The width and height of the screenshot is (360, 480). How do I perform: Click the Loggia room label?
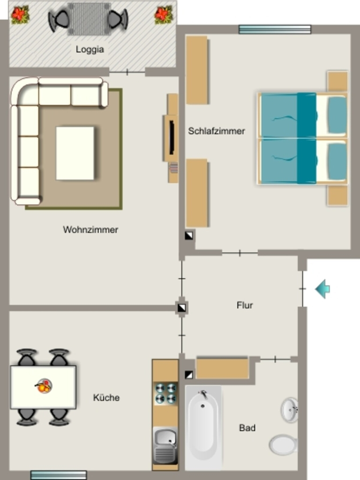90,49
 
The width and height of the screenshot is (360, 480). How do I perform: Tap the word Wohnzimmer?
90,230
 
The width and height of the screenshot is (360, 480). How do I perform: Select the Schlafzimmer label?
217,131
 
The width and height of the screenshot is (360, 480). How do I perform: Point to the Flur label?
245,305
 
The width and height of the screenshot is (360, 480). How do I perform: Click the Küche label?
106,397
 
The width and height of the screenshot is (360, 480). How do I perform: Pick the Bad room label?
247,427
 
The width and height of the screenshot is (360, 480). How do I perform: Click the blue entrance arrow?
322,289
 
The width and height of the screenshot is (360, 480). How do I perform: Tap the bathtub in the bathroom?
203,427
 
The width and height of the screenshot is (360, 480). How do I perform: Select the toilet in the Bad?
283,445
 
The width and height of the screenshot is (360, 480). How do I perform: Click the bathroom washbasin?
289,410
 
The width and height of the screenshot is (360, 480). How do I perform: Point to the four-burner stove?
165,393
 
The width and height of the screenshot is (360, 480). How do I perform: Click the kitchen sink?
165,445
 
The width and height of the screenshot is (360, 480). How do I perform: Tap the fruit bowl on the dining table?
44,386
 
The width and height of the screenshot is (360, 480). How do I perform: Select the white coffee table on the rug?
75,153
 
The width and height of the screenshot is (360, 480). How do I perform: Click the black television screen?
172,137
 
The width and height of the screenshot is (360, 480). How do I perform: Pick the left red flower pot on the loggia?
20,15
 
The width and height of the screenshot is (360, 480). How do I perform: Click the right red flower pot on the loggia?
164,15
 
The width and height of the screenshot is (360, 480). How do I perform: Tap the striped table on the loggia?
89,19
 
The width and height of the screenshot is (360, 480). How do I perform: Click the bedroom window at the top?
275,30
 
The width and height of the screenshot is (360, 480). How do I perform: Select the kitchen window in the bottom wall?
59,475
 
